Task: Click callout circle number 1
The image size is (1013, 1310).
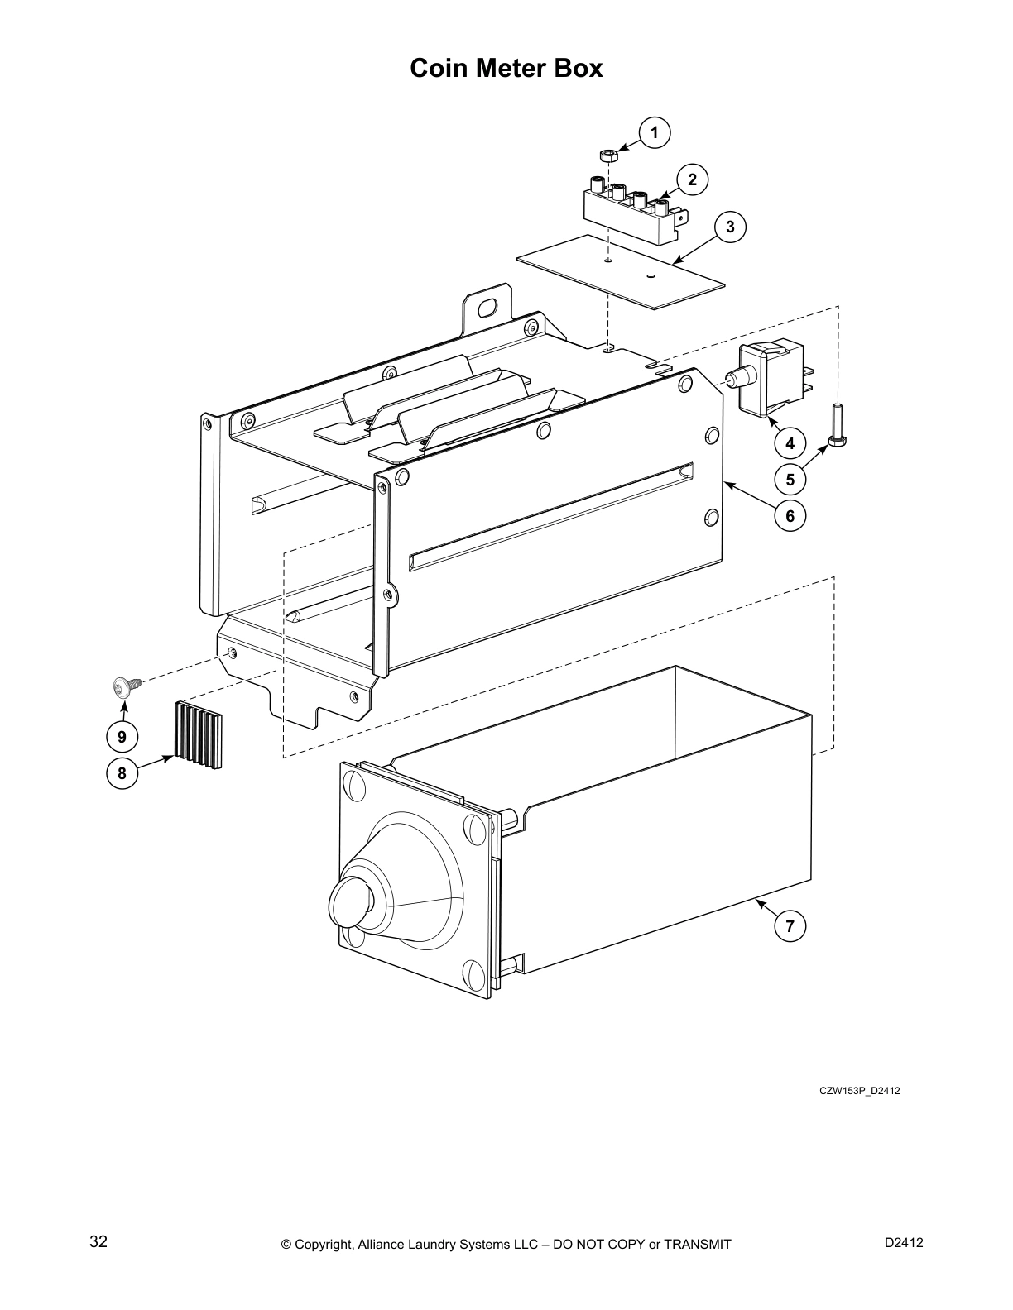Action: (x=655, y=132)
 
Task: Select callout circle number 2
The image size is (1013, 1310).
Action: (x=692, y=179)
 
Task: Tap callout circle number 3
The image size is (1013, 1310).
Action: (x=730, y=227)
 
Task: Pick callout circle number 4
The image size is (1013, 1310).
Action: (x=790, y=443)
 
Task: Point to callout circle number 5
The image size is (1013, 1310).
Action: (x=790, y=479)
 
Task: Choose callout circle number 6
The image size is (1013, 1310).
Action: (x=790, y=516)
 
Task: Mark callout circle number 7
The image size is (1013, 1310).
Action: (x=790, y=926)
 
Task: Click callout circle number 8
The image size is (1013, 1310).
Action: (x=122, y=773)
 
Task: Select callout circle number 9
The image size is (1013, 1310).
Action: (x=122, y=736)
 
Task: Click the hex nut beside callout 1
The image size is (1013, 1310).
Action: (x=608, y=155)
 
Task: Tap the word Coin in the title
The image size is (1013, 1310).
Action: (x=441, y=68)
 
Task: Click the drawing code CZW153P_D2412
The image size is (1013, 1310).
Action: (x=859, y=1090)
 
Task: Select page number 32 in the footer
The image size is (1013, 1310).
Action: (x=98, y=1241)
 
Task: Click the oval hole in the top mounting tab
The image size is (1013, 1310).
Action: (x=488, y=308)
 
